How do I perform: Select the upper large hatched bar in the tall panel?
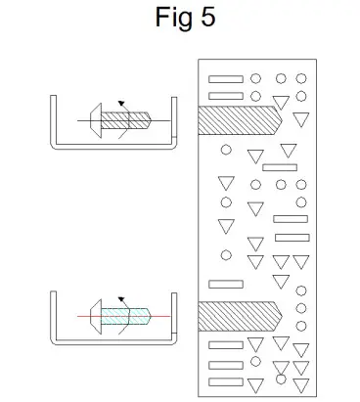tap(235, 120)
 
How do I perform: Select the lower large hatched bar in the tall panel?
tap(235, 317)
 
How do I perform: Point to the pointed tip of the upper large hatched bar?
tap(283, 120)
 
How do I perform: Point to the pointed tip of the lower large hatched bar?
tap(283, 317)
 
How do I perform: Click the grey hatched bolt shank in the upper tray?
tap(132, 119)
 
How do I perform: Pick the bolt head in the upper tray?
tap(95, 119)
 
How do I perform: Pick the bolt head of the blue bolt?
tap(95, 316)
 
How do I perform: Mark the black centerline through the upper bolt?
tap(161, 119)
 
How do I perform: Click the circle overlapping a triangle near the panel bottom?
tap(280, 379)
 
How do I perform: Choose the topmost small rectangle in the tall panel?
tap(225, 78)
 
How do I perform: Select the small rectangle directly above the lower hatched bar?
tap(226, 285)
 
